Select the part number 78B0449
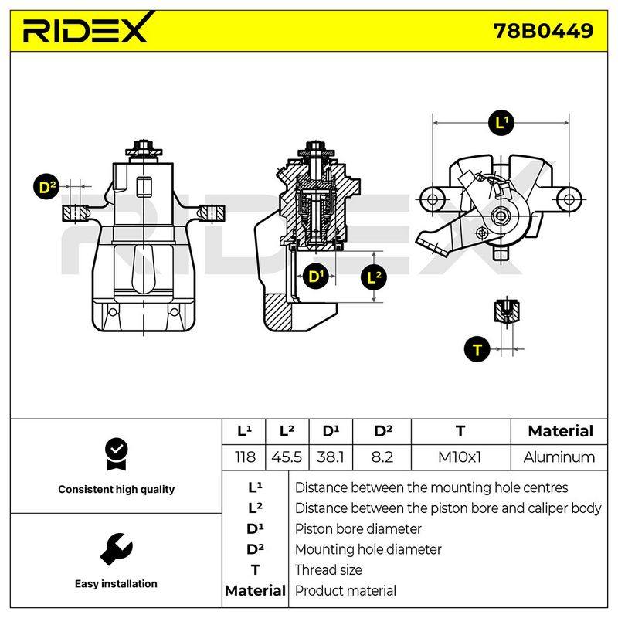pyautogui.click(x=543, y=31)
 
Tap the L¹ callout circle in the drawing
pyautogui.click(x=501, y=123)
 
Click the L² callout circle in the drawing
pyautogui.click(x=374, y=277)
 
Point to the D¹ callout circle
pyautogui.click(x=314, y=277)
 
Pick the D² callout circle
pyautogui.click(x=46, y=186)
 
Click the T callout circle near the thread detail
pyautogui.click(x=477, y=349)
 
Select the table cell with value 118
pyautogui.click(x=244, y=457)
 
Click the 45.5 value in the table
pyautogui.click(x=287, y=457)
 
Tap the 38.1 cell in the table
pyautogui.click(x=331, y=457)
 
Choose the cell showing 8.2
pyautogui.click(x=382, y=457)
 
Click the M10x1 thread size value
pyautogui.click(x=460, y=457)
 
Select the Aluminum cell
pyautogui.click(x=559, y=457)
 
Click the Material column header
pyautogui.click(x=560, y=431)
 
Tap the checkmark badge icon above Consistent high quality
pyautogui.click(x=117, y=454)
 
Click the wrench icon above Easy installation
pyautogui.click(x=117, y=549)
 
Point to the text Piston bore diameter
pyautogui.click(x=358, y=529)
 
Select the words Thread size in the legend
pyautogui.click(x=329, y=570)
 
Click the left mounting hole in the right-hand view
pyautogui.click(x=433, y=199)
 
